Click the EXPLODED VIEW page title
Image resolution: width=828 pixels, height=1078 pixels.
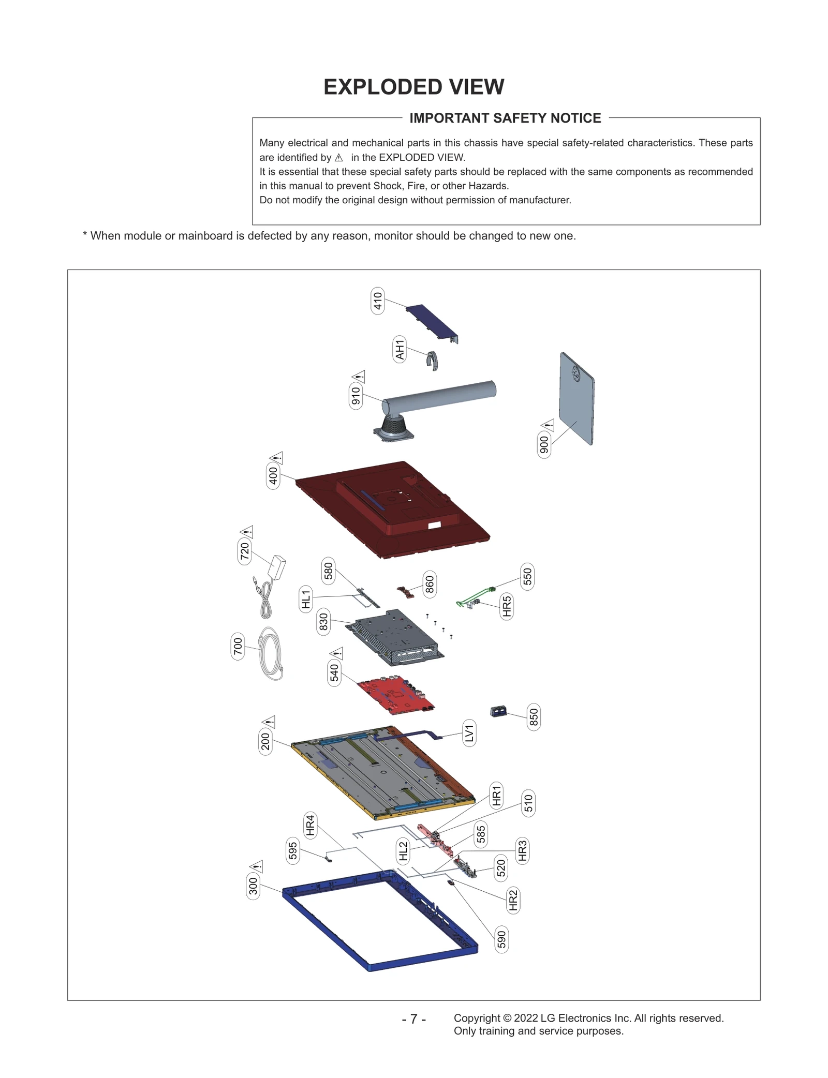pos(413,87)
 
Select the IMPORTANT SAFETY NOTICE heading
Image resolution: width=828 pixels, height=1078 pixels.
pos(505,118)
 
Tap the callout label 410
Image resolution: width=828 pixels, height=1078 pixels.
pos(378,301)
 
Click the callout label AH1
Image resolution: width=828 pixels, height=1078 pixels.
pos(400,349)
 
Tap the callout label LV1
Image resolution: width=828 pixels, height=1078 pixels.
pos(469,733)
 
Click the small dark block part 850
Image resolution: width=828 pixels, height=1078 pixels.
pos(498,712)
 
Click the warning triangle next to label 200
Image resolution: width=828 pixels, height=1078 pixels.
pos(269,722)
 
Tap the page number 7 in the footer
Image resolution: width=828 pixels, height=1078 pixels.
pos(413,1019)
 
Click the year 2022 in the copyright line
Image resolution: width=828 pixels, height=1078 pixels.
pos(525,1018)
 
